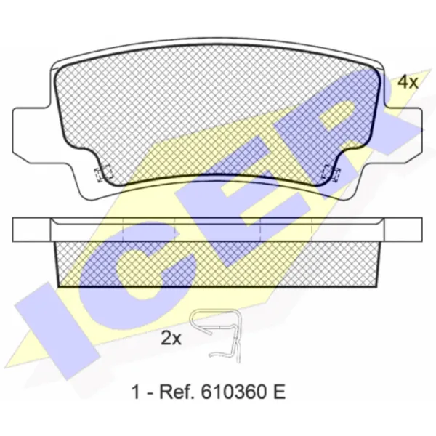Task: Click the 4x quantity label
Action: click(x=408, y=82)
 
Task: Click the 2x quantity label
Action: click(x=171, y=339)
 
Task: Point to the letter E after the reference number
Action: click(x=279, y=392)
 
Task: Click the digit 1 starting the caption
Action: click(x=135, y=392)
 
